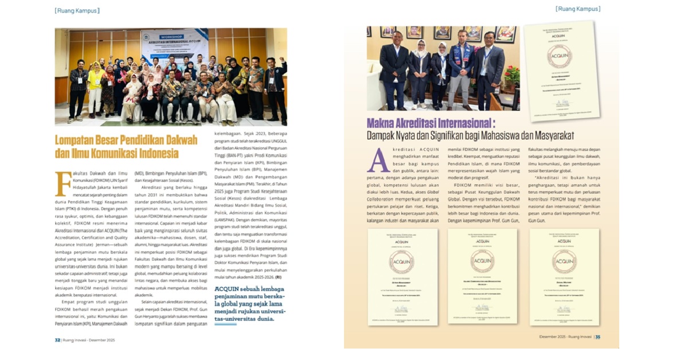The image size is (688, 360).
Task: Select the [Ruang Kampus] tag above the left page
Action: (x=77, y=10)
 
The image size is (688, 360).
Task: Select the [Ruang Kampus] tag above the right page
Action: (x=578, y=9)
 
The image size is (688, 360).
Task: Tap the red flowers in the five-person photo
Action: (x=512, y=75)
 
